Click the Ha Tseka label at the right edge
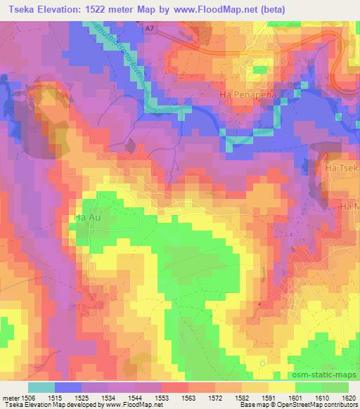tap(342, 169)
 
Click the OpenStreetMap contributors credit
tap(316, 405)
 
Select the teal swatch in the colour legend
tap(41, 387)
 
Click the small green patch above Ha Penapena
tap(261, 70)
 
